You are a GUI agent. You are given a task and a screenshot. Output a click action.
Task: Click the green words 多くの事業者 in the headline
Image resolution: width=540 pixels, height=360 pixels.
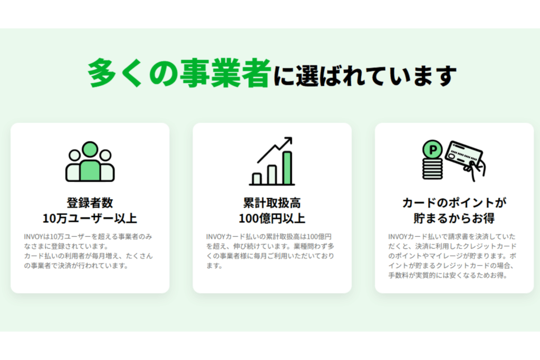tap(179, 73)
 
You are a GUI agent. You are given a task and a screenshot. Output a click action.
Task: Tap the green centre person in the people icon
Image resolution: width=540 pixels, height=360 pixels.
tap(90, 162)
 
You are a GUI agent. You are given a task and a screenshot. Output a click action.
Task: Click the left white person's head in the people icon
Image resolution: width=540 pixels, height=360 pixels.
tap(74, 155)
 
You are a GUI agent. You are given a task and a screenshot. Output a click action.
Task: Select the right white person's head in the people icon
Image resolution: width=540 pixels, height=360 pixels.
tap(105, 155)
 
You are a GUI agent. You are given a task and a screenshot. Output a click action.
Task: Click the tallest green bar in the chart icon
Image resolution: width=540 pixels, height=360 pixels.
tap(287, 168)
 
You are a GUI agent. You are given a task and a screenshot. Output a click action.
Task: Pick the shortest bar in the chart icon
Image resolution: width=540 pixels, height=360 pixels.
tap(257, 179)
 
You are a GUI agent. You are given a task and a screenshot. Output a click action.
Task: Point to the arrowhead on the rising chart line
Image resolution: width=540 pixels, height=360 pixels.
tap(288, 141)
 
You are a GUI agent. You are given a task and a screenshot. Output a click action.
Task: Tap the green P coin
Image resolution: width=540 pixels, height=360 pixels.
tap(432, 150)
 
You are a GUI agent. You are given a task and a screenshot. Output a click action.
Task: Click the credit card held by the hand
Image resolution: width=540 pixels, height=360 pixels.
tap(463, 155)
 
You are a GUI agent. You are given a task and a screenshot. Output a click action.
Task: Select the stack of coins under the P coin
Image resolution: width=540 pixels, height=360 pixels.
tap(432, 169)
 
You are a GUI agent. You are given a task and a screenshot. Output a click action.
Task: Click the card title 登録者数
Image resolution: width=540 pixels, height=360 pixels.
tap(90, 203)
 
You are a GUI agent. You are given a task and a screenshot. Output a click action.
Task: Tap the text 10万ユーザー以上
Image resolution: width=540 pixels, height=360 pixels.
tap(90, 218)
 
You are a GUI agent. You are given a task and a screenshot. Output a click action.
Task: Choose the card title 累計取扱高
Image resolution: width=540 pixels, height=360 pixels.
tap(272, 203)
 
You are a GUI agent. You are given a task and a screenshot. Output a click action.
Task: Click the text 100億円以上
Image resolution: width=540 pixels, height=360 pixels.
tap(272, 218)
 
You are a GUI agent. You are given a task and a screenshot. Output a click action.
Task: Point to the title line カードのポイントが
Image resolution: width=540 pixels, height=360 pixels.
tap(454, 203)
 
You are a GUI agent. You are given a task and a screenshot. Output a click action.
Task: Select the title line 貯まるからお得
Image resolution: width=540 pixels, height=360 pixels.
tap(454, 218)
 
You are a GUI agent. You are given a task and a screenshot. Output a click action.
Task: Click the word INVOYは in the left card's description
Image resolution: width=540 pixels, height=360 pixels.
tap(37, 237)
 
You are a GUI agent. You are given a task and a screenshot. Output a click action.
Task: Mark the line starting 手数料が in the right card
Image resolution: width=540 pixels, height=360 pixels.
tap(448, 275)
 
